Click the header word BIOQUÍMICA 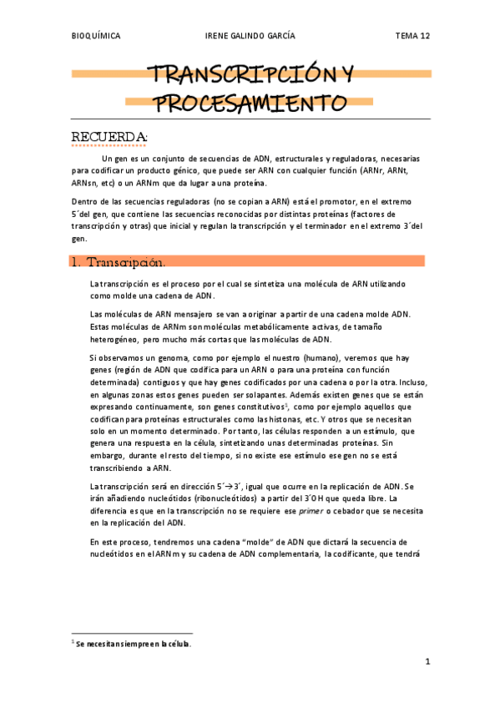pos(95,36)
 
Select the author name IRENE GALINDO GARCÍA pos(250,36)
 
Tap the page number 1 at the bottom pos(427,662)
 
